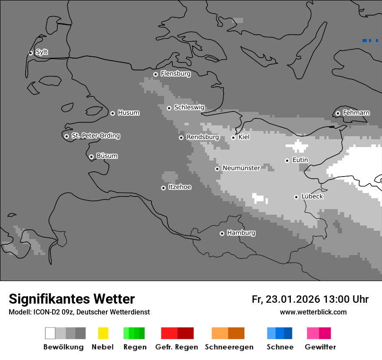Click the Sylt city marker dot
[x=30, y=53]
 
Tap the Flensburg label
[x=175, y=74]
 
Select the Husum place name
[x=128, y=113]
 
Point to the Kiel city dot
[x=233, y=137]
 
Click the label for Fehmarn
[x=356, y=113]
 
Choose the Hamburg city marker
[x=222, y=233]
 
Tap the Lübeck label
[x=312, y=196]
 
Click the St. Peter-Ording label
[x=95, y=136]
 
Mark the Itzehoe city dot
[x=163, y=188]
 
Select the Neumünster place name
[x=241, y=168]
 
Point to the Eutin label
[x=300, y=160]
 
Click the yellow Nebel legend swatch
[x=103, y=333]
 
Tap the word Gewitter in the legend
[x=320, y=347]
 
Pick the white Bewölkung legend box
[x=50, y=333]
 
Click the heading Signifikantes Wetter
[x=72, y=299]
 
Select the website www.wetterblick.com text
[x=313, y=312]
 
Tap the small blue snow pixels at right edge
[x=369, y=40]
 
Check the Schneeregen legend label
[x=229, y=347]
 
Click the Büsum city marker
[x=91, y=157]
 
